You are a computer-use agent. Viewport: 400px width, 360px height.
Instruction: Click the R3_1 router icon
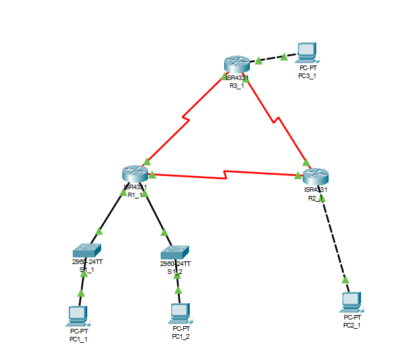point(236,64)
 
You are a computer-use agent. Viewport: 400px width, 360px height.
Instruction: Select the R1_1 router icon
point(135,173)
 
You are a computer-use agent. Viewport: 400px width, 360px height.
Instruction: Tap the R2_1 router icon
point(315,177)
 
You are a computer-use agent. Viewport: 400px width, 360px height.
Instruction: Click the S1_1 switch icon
point(87,250)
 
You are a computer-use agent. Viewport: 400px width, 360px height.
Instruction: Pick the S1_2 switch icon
point(175,253)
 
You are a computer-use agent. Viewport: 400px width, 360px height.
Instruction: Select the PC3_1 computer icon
point(305,52)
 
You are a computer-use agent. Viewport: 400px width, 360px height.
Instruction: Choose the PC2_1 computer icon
point(351,303)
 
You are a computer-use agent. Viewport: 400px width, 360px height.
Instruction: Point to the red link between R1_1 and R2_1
point(225,175)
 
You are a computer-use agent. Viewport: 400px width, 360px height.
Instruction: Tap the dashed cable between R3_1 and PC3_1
point(270,60)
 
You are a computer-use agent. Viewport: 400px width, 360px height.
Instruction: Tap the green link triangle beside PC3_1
point(284,57)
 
